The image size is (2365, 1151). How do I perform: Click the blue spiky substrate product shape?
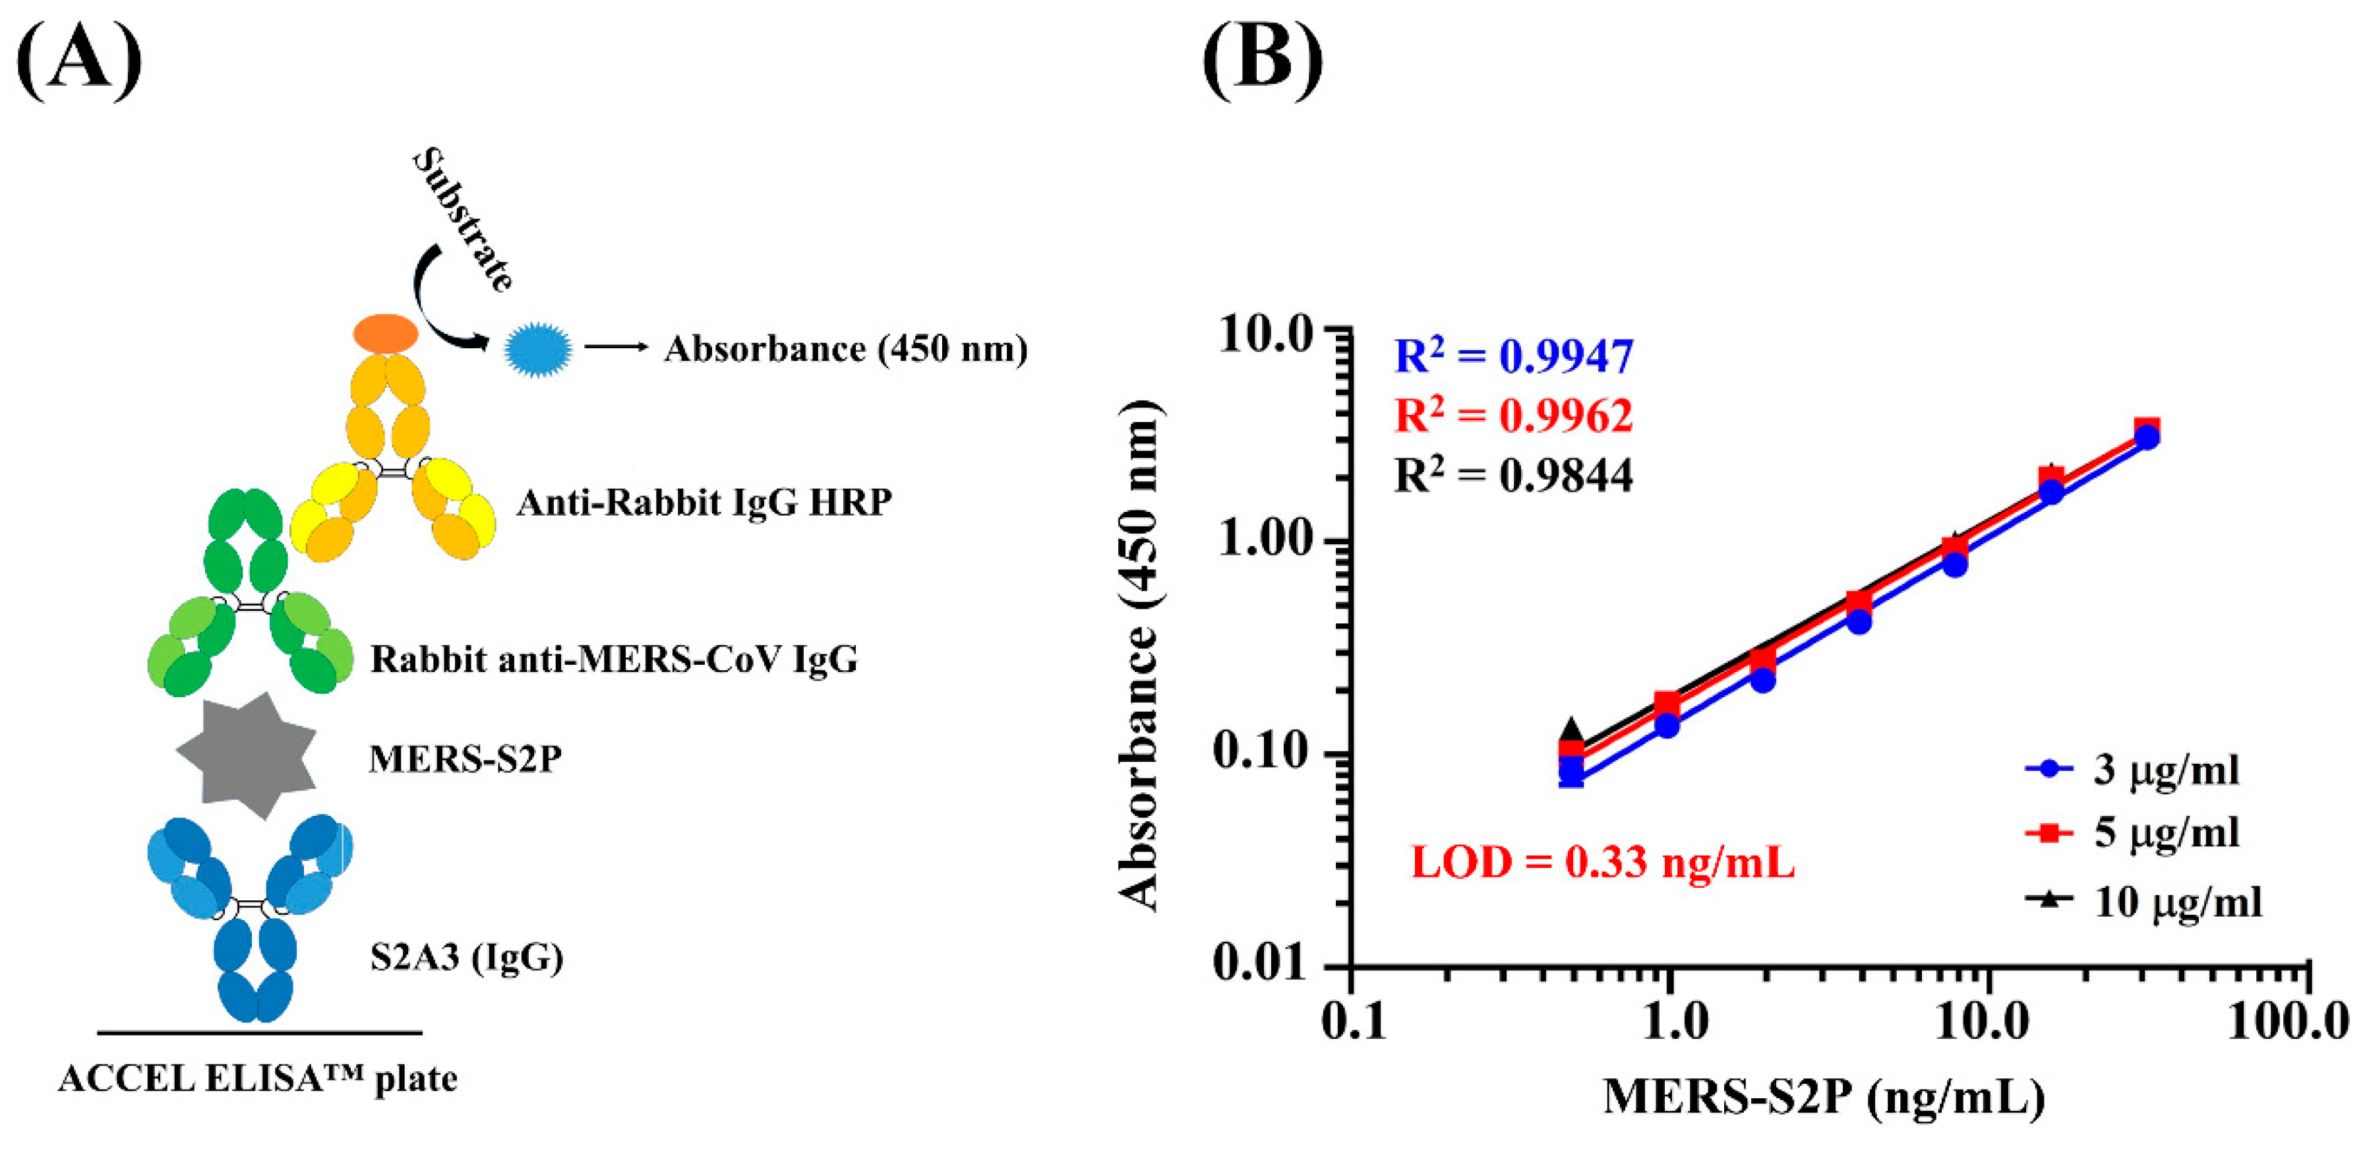(539, 349)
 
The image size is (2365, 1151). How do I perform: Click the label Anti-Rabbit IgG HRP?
(704, 503)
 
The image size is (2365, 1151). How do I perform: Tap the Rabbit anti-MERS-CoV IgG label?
(613, 659)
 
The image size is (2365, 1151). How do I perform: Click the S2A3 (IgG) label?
(466, 957)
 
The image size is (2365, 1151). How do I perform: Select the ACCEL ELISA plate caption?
(257, 1078)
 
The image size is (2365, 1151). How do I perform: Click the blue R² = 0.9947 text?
(1513, 356)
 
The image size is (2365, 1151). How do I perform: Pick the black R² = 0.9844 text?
(1513, 475)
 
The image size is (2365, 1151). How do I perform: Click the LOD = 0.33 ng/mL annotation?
(1602, 863)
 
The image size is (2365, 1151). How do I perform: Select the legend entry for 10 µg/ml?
(2143, 901)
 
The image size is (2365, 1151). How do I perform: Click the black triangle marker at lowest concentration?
(1572, 730)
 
